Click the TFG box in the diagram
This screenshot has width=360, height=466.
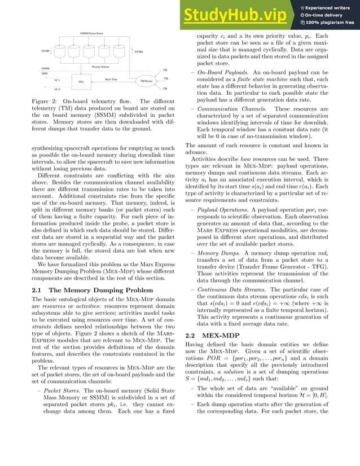[81, 82]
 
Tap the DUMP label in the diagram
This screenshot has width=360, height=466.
[46, 51]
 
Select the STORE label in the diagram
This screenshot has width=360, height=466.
[139, 52]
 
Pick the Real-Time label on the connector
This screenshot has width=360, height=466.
[111, 80]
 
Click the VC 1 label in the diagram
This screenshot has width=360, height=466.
[57, 80]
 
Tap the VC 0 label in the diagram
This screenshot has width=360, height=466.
[57, 89]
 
